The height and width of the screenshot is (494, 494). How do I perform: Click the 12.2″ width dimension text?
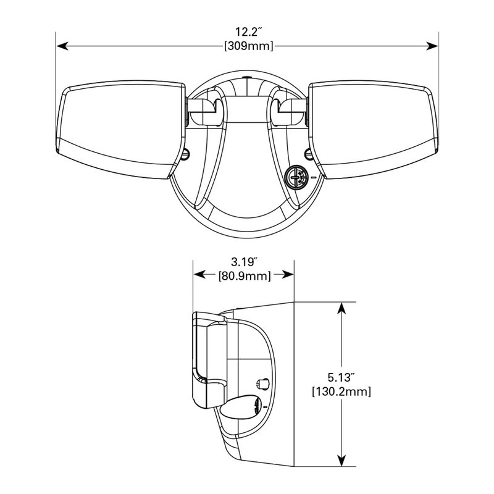click(x=249, y=32)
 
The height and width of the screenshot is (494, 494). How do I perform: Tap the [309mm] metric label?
click(x=249, y=46)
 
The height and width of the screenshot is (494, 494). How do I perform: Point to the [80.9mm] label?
click(x=245, y=276)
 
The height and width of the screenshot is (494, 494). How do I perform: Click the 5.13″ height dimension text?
click(x=341, y=377)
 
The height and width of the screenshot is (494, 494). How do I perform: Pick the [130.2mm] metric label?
click(x=341, y=391)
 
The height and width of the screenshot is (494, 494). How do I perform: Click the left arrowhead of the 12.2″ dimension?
click(x=62, y=46)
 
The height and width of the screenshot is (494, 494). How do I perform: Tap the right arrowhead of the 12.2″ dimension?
click(x=432, y=46)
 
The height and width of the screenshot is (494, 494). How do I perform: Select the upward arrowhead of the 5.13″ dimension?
click(x=341, y=308)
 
